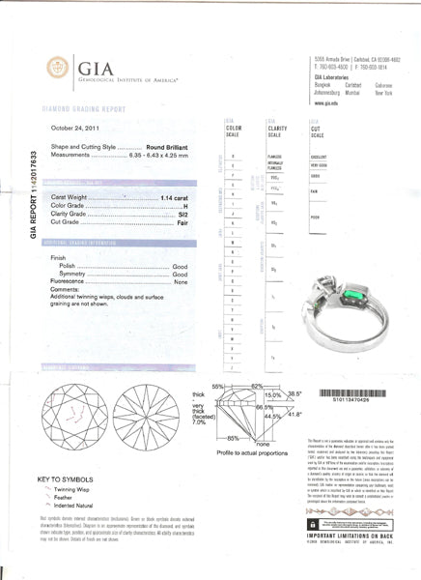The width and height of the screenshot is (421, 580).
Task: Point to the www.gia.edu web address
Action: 325,100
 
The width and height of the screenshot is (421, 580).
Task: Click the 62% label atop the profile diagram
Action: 257,387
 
